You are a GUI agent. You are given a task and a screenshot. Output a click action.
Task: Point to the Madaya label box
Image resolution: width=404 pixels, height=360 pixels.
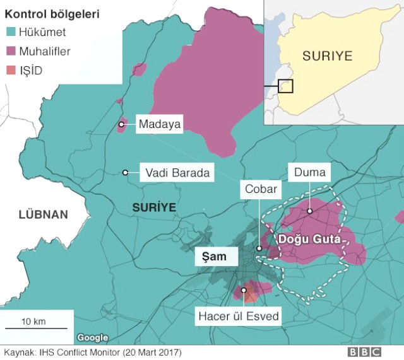[x=160, y=125]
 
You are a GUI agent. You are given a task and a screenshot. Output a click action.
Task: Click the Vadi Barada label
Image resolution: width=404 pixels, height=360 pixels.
[x=177, y=173]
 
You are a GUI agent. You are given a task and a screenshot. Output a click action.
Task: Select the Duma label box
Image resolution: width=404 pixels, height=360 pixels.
[x=310, y=172]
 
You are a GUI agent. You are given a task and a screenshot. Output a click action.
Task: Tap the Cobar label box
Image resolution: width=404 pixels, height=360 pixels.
[x=260, y=189]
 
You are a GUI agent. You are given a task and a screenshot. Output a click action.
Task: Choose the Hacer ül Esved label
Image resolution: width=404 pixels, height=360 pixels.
[x=238, y=316]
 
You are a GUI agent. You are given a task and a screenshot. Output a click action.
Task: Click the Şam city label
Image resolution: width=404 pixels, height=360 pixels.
[x=214, y=257]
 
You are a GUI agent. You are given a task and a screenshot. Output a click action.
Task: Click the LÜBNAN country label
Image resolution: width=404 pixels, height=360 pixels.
[x=43, y=215]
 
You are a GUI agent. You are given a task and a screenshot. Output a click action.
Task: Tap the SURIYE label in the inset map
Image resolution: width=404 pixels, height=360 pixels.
[x=327, y=55]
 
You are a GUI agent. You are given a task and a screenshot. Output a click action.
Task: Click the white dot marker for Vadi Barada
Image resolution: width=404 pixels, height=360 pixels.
[x=126, y=172]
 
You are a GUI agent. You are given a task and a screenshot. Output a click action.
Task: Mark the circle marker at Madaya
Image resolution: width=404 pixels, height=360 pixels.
[x=121, y=125]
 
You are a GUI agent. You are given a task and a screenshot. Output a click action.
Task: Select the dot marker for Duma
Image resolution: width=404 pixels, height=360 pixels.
[x=310, y=211]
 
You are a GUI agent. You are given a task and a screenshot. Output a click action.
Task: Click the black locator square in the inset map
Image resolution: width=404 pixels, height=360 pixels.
[x=285, y=86]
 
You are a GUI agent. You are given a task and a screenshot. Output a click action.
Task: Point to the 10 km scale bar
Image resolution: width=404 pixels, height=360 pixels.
[x=37, y=328]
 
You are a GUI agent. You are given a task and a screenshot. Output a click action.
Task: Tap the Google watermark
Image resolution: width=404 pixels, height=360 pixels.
[x=93, y=338]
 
